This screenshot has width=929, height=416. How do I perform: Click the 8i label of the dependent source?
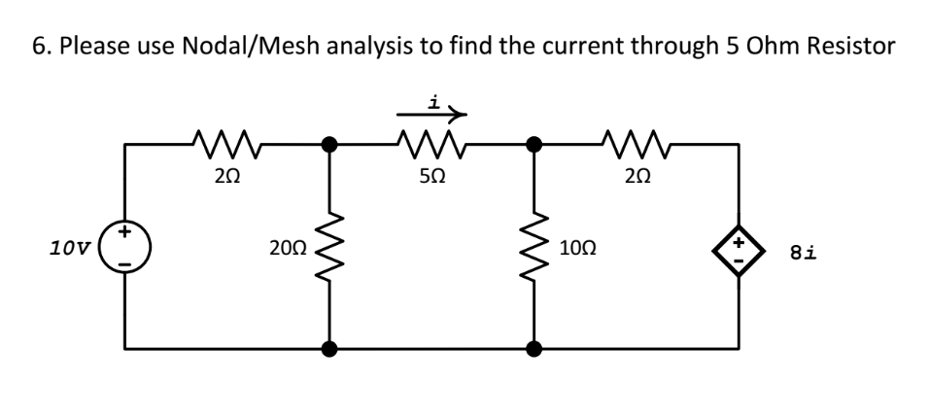(x=803, y=253)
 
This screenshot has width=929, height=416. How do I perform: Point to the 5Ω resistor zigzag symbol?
(x=430, y=146)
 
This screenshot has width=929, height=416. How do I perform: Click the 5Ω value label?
(x=430, y=181)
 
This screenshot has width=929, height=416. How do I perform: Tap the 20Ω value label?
(x=286, y=247)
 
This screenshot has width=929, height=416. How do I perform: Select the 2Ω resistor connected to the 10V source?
(x=224, y=146)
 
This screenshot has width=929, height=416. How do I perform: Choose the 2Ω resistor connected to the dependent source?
(x=632, y=146)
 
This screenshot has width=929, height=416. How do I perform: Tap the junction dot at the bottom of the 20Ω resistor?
(x=330, y=348)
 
